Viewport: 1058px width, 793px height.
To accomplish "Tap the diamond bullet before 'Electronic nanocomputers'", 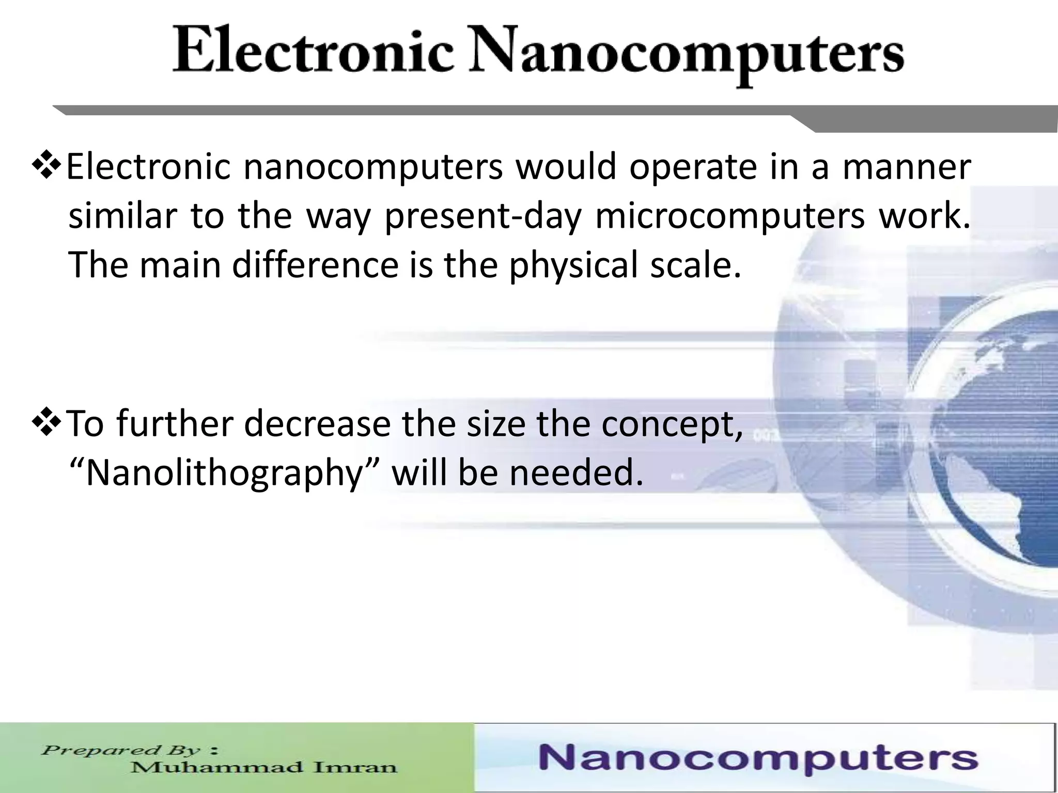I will point(47,166).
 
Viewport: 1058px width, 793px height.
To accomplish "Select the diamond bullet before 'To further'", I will point(47,423).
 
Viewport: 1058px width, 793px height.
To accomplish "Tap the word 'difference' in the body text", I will point(315,264).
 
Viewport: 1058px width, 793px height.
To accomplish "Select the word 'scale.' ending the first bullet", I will point(695,264).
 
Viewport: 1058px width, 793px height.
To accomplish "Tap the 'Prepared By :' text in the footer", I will point(130,750).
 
